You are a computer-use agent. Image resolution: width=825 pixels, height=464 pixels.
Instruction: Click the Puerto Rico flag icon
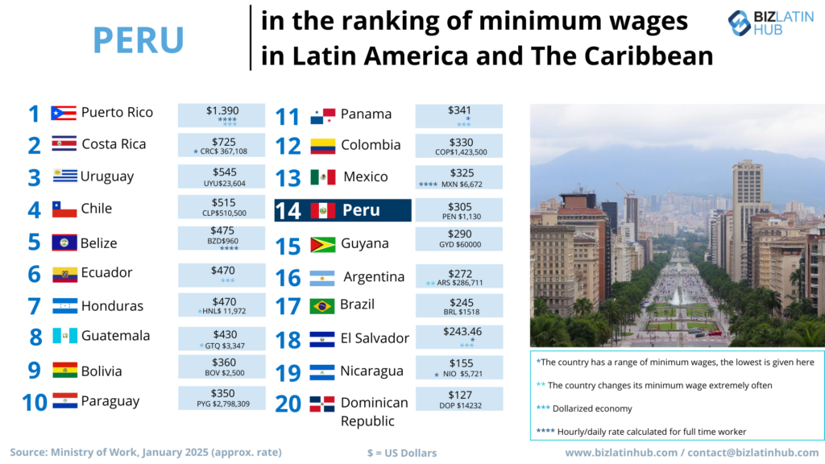[64, 113]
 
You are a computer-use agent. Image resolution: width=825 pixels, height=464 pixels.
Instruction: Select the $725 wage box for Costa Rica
[221, 145]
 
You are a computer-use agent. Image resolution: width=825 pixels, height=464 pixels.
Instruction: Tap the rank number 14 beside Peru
[288, 211]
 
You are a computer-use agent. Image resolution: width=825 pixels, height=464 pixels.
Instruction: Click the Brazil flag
[322, 306]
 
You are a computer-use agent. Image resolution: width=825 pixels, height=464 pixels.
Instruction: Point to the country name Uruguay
[107, 176]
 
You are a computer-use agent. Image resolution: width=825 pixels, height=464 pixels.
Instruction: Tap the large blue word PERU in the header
[139, 39]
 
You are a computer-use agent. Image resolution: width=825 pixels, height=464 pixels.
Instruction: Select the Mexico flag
[322, 177]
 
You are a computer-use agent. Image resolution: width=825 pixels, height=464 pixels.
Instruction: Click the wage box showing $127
[458, 400]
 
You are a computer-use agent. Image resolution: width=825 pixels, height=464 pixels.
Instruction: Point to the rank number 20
[288, 403]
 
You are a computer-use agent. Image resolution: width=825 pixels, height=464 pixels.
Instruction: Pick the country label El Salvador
[375, 338]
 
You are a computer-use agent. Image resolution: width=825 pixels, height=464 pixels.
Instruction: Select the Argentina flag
[322, 278]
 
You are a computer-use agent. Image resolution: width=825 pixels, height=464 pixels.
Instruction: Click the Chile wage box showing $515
[221, 208]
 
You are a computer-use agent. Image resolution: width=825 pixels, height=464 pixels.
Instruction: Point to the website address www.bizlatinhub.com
[622, 453]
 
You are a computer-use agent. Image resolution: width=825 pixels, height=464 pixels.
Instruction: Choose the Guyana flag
[322, 244]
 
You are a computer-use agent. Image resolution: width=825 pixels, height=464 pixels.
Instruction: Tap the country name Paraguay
[110, 401]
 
